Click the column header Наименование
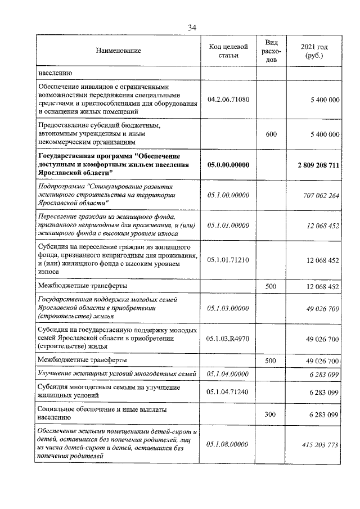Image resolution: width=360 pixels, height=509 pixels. click(118, 51)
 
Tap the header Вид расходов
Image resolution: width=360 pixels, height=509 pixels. click(271, 51)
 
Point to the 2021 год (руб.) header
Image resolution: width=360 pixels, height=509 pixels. click(314, 51)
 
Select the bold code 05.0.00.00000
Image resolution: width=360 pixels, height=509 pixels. click(228, 164)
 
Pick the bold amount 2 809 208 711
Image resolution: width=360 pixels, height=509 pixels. click(318, 164)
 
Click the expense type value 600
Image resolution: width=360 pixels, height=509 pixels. click(271, 134)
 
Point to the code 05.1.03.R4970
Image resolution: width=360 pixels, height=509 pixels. click(228, 339)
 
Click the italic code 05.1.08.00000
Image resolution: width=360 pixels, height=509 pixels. click(228, 445)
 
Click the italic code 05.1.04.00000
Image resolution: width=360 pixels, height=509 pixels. click(228, 374)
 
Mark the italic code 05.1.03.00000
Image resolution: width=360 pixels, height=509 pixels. click(228, 308)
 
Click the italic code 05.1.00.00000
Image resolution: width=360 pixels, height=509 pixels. click(228, 195)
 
